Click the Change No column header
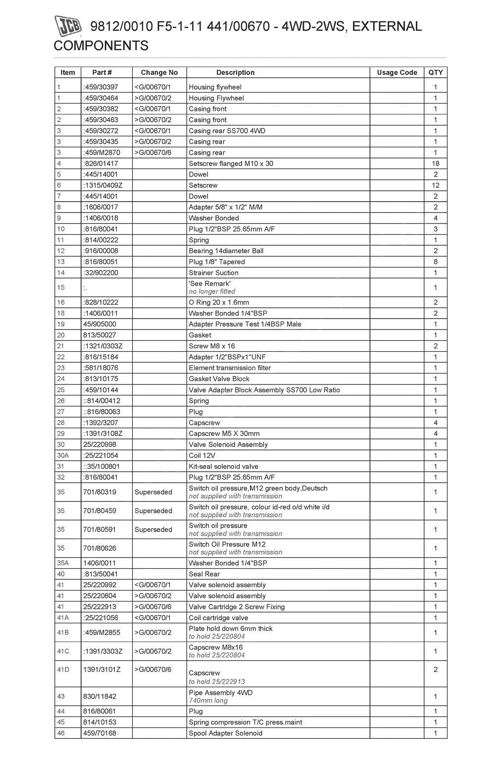[159, 72]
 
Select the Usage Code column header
[396, 72]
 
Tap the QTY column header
[435, 72]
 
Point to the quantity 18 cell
[435, 164]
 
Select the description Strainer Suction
[213, 273]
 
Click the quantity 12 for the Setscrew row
[435, 185]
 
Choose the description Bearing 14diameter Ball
[226, 251]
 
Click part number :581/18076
[100, 368]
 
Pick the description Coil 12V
[202, 455]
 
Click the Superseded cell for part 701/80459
[153, 511]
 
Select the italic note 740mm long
[208, 701]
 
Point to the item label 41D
[63, 669]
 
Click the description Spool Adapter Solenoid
[225, 733]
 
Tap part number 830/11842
[99, 696]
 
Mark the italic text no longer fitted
[212, 291]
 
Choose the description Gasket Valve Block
[219, 379]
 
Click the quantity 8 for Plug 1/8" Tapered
[435, 262]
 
